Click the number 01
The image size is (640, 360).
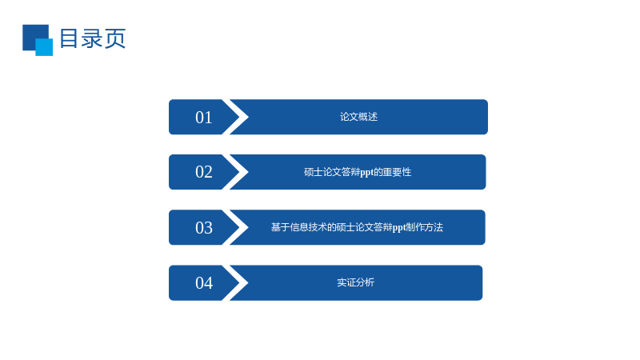click(x=204, y=118)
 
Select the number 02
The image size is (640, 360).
click(x=204, y=172)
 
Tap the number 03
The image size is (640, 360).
click(x=204, y=228)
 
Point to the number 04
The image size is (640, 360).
click(x=204, y=283)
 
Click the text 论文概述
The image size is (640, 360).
click(x=358, y=117)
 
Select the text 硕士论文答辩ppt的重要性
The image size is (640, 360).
click(x=358, y=172)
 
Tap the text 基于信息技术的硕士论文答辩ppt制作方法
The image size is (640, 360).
click(x=357, y=227)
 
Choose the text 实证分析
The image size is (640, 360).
click(x=355, y=282)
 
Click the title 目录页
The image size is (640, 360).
click(x=93, y=38)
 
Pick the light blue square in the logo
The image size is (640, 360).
click(x=44, y=47)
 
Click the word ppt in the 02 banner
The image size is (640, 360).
click(x=367, y=173)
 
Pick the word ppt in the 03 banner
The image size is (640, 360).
click(x=399, y=228)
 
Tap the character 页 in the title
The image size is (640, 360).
click(x=115, y=38)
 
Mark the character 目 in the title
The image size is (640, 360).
click(x=69, y=38)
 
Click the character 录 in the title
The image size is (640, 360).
click(x=91, y=38)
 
